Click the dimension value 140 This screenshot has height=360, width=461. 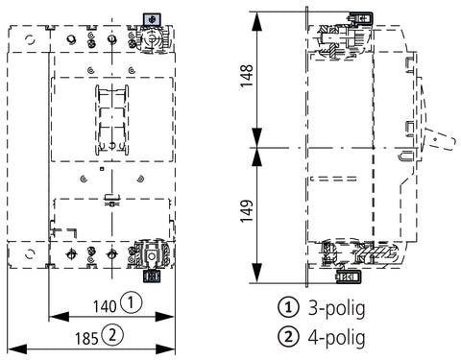pos(105,306)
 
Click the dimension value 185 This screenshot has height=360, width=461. pos(86,339)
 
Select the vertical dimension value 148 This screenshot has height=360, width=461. pos(247,76)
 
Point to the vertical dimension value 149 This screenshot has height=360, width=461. pos(247,211)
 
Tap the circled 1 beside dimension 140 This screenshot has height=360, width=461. pos(131,302)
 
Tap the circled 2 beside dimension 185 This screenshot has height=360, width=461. pos(112,335)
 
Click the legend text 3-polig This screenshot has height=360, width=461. pos(336,308)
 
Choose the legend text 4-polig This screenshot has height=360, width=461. pos(336,337)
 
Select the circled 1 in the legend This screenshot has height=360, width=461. pos(288,307)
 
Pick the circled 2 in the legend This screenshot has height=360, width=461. pos(288,336)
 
